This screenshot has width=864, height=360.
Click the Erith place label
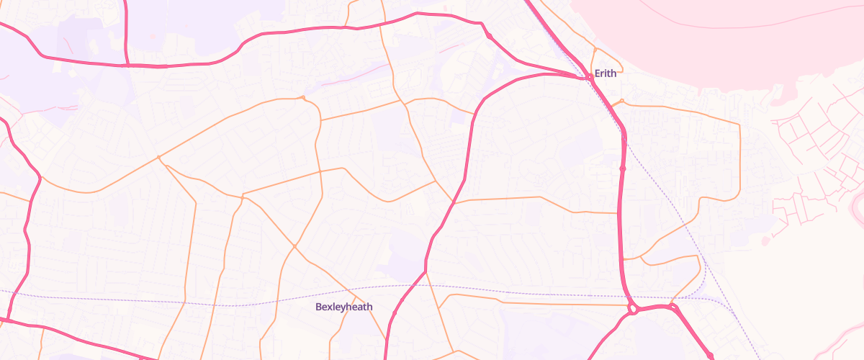tap(606, 73)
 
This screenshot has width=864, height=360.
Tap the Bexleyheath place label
tap(344, 307)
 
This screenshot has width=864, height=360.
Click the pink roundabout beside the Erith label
tap(588, 75)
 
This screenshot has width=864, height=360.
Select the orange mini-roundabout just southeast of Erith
tap(621, 101)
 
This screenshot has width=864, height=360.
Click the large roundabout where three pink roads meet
tap(633, 309)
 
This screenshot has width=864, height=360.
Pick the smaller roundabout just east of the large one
tap(675, 307)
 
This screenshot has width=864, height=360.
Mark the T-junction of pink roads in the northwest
tap(127, 65)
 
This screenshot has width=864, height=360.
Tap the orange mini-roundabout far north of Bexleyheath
tap(303, 97)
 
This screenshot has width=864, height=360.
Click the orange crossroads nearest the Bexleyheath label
tap(294, 247)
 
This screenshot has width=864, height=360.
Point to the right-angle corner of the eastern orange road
tap(739, 125)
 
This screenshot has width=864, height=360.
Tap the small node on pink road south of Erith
tap(622, 168)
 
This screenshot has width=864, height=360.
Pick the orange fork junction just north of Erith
tap(595, 49)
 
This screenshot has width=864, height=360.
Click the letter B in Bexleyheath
tap(319, 307)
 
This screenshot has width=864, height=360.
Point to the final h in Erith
tap(615, 73)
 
